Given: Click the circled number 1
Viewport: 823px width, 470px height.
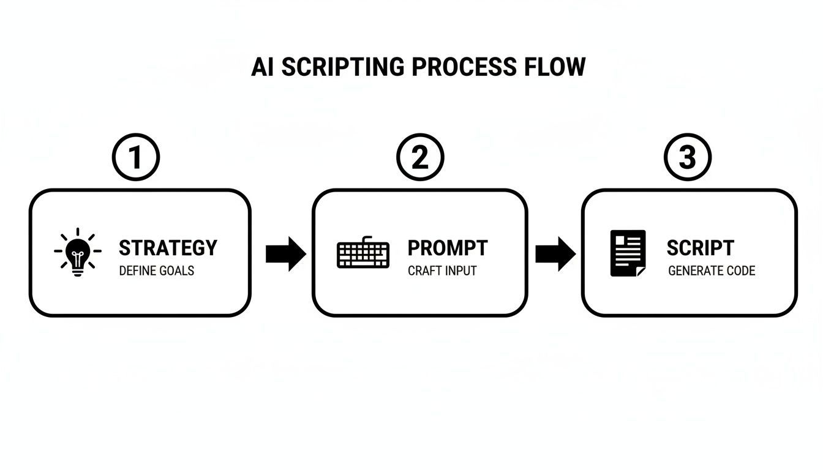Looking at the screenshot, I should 135,157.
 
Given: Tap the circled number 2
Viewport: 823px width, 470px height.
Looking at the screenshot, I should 419,157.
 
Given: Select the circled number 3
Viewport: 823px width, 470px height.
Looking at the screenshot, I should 688,157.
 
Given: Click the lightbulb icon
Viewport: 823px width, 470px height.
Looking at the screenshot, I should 77,252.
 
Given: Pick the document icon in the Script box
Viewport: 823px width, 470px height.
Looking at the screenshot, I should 628,253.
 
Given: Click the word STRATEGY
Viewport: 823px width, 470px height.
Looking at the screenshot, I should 168,248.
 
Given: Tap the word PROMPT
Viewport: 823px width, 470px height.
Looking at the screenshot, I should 448,248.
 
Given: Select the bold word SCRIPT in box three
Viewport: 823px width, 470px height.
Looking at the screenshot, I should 700,248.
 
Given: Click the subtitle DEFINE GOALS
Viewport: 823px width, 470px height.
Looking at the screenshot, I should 156,270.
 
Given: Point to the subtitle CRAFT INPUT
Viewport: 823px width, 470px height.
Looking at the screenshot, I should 442,270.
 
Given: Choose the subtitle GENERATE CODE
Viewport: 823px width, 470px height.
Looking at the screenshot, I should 712,270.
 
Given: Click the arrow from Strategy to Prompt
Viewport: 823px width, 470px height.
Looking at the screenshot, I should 285,253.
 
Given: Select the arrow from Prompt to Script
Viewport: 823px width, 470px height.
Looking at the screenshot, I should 555,253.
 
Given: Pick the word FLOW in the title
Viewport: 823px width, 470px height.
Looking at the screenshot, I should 554,67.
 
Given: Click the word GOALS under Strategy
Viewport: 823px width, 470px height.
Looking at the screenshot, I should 177,270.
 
